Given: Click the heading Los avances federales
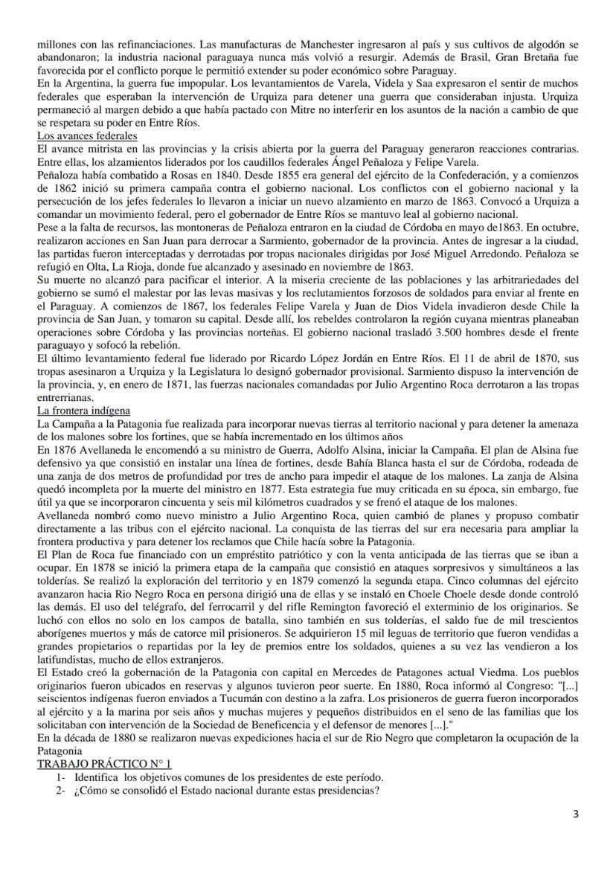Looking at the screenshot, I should (x=87, y=136).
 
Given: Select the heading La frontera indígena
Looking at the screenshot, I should (x=85, y=410).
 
